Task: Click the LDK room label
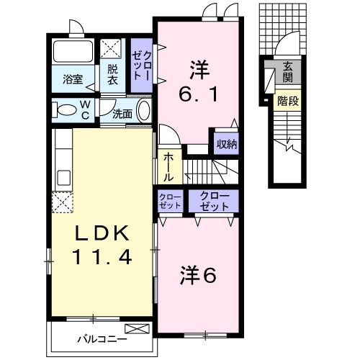click(101, 234)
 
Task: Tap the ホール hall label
click(168, 166)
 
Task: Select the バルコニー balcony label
click(103, 338)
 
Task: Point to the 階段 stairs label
click(287, 101)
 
